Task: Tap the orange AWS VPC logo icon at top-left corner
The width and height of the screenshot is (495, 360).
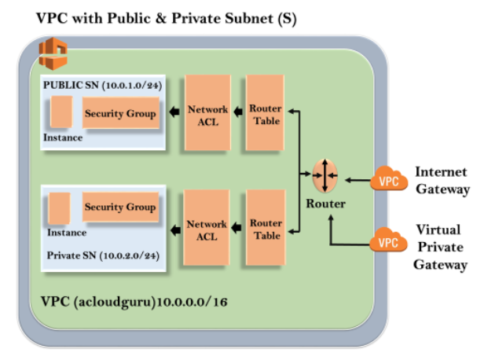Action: click(53, 54)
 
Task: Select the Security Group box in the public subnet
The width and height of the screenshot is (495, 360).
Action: click(120, 113)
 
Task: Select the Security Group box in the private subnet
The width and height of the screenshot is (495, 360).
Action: click(119, 207)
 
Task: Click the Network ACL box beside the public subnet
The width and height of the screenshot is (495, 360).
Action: click(207, 113)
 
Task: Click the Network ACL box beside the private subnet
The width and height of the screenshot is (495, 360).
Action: click(207, 229)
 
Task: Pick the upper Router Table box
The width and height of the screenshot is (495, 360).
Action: click(266, 113)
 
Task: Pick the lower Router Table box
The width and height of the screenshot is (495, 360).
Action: click(266, 229)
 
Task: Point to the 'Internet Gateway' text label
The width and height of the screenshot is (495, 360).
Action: click(442, 180)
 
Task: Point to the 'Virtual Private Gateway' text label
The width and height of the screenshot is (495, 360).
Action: click(442, 247)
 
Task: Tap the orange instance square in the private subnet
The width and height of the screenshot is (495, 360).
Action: click(59, 208)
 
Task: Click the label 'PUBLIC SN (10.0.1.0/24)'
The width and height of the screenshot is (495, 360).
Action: click(102, 85)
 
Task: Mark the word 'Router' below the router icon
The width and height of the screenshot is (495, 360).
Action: click(325, 204)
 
